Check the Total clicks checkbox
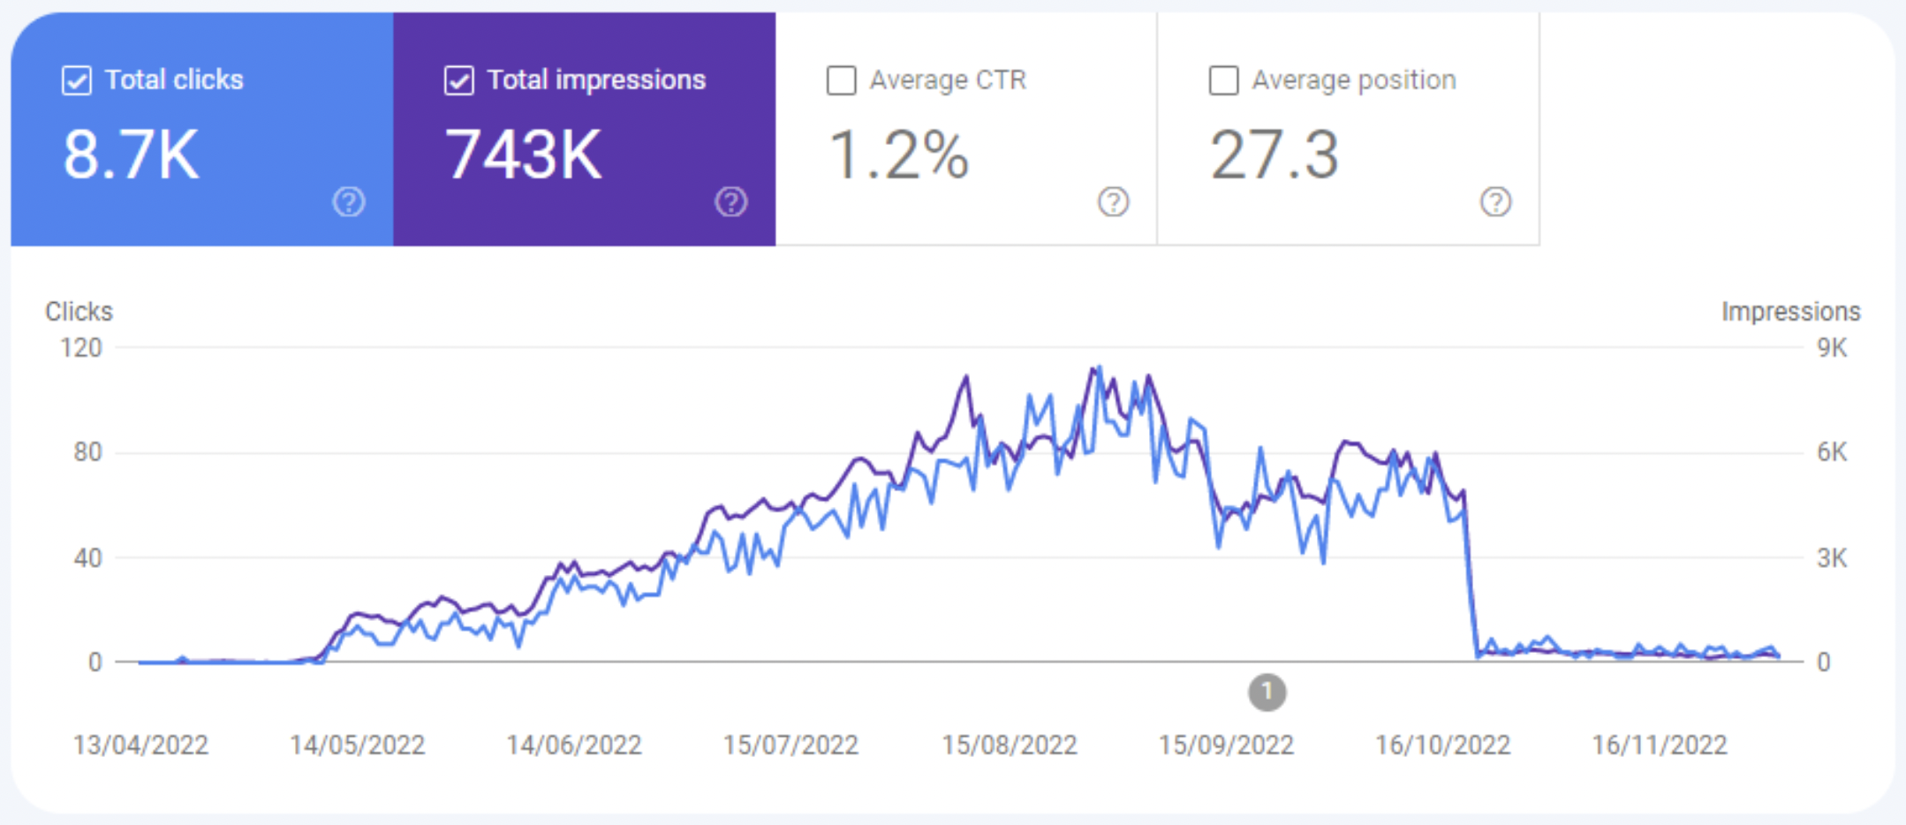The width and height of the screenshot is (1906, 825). (77, 81)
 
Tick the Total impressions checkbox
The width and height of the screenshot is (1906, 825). (459, 81)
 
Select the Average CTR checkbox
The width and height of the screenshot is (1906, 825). (841, 81)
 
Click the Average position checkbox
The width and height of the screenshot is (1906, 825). (1223, 81)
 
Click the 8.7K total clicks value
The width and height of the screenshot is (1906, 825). (131, 155)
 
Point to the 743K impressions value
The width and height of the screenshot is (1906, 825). (523, 155)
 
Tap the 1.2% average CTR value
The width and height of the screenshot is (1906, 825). (898, 155)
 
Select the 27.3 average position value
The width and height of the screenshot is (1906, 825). (1274, 155)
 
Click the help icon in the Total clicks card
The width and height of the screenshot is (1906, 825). (349, 202)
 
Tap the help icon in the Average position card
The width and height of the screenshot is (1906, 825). (1495, 202)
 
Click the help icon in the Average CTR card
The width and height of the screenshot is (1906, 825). (1113, 202)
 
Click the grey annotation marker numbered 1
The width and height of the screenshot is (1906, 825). (1267, 693)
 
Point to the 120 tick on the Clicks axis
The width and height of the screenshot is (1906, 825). (81, 348)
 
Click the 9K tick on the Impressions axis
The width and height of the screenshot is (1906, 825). (1832, 348)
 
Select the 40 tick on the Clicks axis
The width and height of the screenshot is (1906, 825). (87, 558)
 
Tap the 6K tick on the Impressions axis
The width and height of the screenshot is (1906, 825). (1832, 452)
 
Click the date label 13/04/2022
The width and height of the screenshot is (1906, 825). (140, 746)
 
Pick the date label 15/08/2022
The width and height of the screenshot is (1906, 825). (1010, 746)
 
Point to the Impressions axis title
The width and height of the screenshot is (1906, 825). (1790, 312)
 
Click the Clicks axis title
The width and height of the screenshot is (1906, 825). (79, 312)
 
